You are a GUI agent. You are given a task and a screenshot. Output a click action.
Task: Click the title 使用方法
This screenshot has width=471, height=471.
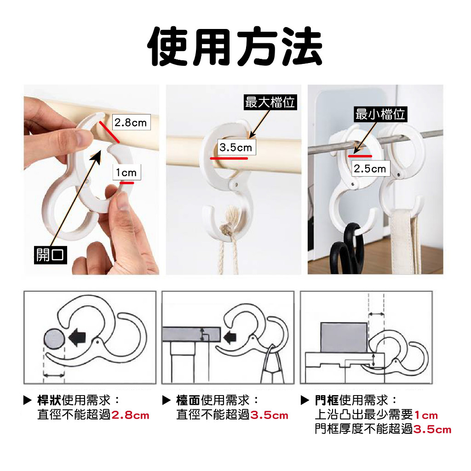click(x=235, y=46)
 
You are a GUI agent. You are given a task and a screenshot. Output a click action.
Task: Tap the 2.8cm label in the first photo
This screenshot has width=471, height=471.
click(x=131, y=122)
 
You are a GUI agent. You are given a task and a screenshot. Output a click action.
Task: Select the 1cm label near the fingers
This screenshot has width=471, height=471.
click(x=126, y=172)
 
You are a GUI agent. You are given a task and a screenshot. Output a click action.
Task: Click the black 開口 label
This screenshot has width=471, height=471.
click(x=51, y=255)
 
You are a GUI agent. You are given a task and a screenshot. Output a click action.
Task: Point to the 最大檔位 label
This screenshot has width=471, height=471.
click(x=270, y=102)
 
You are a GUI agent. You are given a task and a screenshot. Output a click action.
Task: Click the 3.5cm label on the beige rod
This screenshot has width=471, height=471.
click(x=236, y=147)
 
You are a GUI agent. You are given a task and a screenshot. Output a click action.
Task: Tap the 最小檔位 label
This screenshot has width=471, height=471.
click(x=380, y=114)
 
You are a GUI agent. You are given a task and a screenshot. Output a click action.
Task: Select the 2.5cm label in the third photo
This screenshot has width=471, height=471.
click(x=370, y=168)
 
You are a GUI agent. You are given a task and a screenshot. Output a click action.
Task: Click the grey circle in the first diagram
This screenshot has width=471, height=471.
click(x=54, y=339)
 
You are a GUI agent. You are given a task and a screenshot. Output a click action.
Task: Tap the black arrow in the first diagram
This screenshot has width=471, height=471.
click(x=77, y=337)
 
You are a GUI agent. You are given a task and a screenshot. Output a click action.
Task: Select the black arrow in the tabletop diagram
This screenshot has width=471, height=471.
click(x=230, y=337)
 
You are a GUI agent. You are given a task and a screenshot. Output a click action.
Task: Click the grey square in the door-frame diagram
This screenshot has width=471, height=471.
click(x=344, y=337)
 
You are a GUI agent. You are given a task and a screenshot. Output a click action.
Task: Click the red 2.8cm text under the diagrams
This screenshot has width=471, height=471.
click(x=130, y=415)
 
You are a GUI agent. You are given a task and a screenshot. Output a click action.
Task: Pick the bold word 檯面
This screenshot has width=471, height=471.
click(x=188, y=400)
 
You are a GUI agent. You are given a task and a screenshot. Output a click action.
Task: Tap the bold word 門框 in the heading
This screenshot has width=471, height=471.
click(x=327, y=400)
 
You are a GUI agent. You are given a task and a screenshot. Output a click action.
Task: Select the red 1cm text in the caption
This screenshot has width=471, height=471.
click(x=426, y=415)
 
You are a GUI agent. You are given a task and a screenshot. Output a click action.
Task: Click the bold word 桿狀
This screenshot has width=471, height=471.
click(x=49, y=400)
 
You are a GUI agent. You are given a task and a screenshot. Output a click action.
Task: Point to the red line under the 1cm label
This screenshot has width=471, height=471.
click(x=127, y=183)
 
